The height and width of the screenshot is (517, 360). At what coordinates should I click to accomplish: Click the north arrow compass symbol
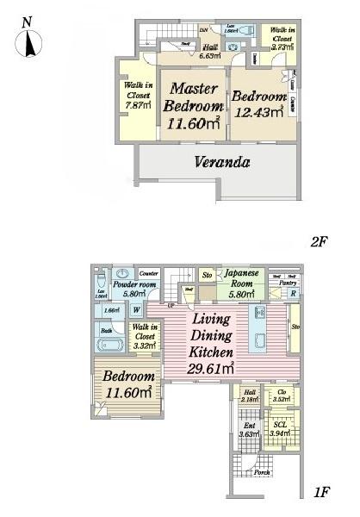click(30, 39)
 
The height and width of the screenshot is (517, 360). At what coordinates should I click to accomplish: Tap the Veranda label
click(221, 162)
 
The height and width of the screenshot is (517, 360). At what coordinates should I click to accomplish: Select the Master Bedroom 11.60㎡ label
click(194, 107)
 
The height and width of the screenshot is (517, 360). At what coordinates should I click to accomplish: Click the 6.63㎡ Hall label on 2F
click(209, 53)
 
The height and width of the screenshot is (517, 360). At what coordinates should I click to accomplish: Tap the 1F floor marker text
click(322, 492)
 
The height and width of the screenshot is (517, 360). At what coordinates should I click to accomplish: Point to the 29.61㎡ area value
click(212, 369)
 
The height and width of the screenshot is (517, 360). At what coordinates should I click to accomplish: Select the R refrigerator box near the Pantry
click(295, 294)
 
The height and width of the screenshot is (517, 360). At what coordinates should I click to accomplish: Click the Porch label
click(262, 471)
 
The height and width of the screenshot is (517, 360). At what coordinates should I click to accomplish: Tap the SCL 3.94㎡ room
click(280, 429)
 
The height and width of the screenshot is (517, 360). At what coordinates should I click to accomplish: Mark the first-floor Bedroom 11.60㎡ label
click(128, 383)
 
